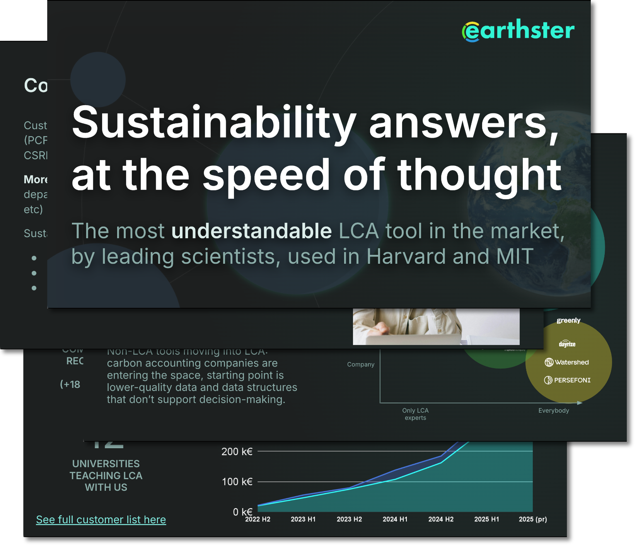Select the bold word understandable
tap(251, 231)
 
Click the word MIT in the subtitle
tap(515, 256)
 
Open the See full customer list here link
tap(101, 520)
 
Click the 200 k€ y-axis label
tap(237, 452)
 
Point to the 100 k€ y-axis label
tap(237, 482)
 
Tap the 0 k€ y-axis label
tap(242, 512)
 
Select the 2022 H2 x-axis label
tap(258, 519)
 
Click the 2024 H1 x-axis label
tap(395, 519)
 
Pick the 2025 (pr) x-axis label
tap(532, 519)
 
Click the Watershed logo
tap(567, 362)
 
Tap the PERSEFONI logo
tap(567, 380)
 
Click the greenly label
tap(568, 320)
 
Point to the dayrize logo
tap(567, 344)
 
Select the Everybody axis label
tap(553, 411)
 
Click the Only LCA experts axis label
tap(415, 414)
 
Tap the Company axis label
tap(360, 364)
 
